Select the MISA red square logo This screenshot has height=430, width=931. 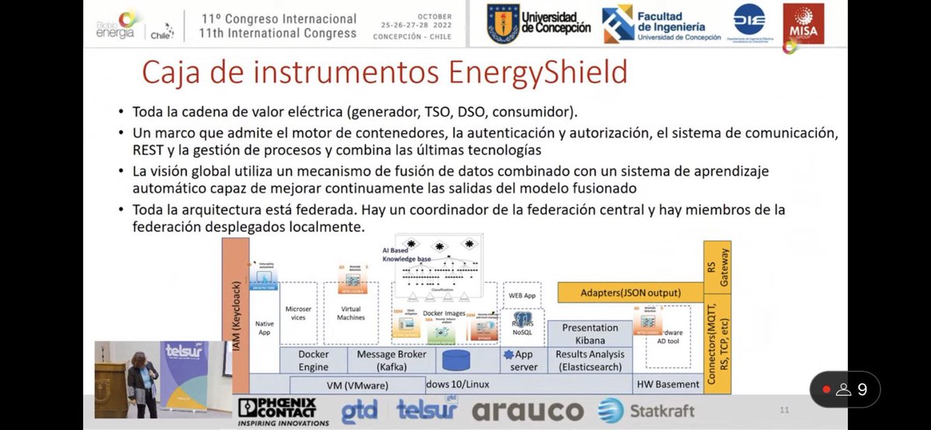[x=804, y=24]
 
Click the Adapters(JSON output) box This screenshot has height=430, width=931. [x=630, y=293]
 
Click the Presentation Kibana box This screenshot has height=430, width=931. [x=590, y=335]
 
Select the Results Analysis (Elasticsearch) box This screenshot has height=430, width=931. [x=590, y=360]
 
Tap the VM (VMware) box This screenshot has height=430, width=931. [x=357, y=384]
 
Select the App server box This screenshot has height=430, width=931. [x=524, y=360]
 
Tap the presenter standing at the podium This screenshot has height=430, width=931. [x=143, y=380]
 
